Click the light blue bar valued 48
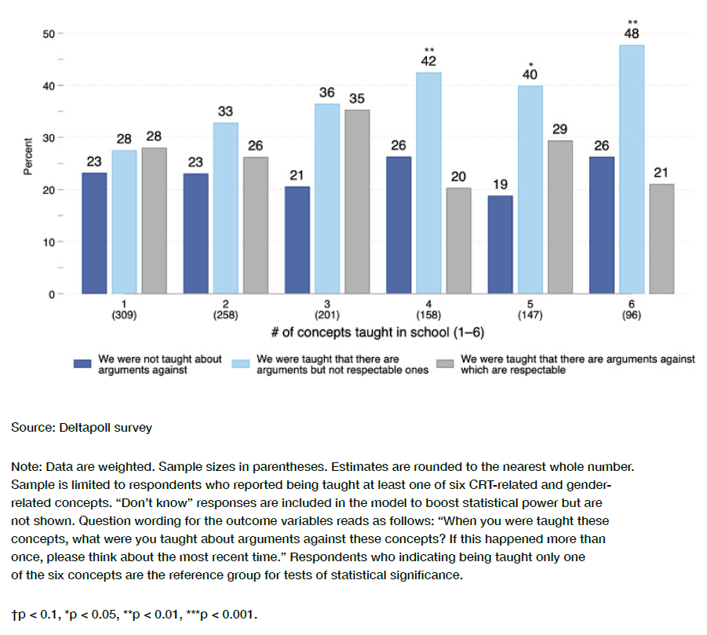click(x=632, y=169)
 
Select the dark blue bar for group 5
click(x=500, y=244)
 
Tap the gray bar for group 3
click(x=357, y=202)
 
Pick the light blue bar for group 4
click(x=428, y=183)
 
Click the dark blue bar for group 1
click(x=94, y=233)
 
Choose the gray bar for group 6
click(x=662, y=239)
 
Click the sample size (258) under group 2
click(x=226, y=315)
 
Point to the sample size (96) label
click(x=631, y=315)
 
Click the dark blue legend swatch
click(x=83, y=363)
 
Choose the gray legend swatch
click(x=446, y=363)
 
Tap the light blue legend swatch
click(x=242, y=363)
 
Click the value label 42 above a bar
click(x=428, y=61)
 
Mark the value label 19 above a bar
click(x=500, y=184)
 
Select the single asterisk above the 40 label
click(x=530, y=64)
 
